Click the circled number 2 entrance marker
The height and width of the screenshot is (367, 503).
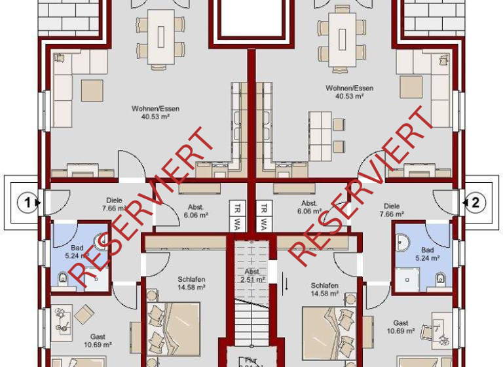point(475,203)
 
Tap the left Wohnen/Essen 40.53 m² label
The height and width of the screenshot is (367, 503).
point(155,113)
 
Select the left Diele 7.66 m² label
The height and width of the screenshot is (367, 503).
point(114,205)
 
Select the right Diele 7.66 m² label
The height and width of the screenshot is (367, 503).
point(392,209)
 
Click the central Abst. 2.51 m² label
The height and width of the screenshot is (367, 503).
point(252,275)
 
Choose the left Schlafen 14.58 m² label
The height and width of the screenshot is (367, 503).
point(191,282)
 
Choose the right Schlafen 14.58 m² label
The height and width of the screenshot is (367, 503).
point(324,289)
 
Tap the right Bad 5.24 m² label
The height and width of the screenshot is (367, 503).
point(427,254)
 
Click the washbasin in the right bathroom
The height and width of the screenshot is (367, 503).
point(402,242)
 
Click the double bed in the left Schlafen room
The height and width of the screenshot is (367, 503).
point(174,331)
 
